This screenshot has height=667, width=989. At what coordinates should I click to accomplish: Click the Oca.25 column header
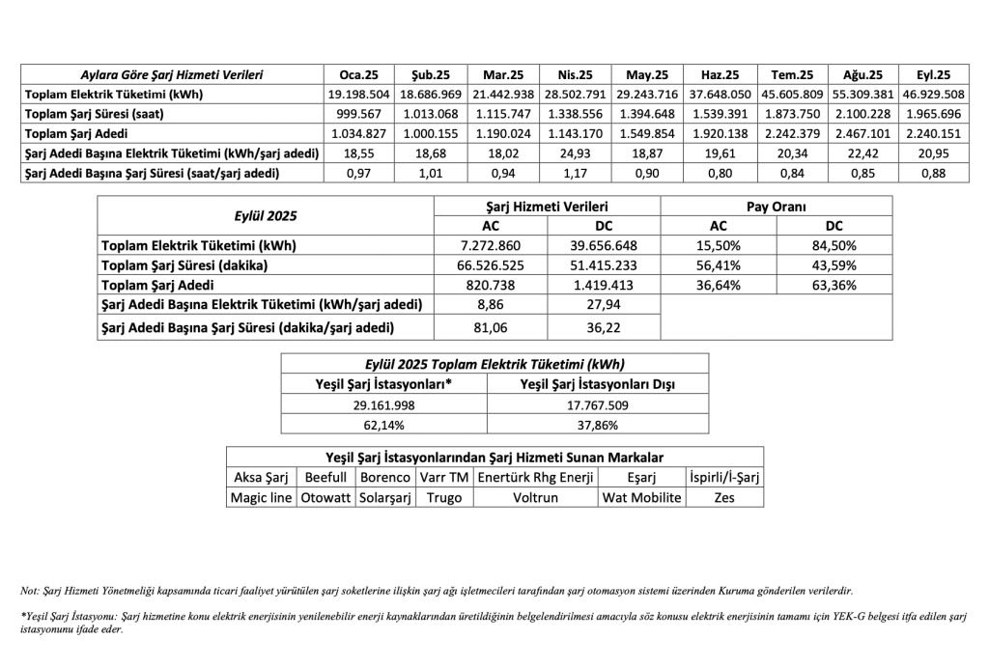(358, 74)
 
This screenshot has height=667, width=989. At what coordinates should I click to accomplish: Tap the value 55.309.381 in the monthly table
(862, 95)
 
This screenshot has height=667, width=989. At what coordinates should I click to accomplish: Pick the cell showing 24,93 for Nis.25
(575, 153)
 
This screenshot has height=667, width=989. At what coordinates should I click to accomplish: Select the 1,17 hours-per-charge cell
(575, 174)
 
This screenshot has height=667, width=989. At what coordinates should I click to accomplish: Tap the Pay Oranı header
(777, 206)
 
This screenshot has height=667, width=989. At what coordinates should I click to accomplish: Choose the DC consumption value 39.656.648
(605, 245)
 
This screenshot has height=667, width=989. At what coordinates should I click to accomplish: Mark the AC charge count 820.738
(491, 286)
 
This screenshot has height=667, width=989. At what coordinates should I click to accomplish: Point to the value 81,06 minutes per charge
(491, 328)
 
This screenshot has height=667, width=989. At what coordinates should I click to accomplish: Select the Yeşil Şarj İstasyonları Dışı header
(598, 384)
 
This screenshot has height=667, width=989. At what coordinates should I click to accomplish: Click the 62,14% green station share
(384, 424)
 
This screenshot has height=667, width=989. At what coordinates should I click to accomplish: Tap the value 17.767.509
(598, 404)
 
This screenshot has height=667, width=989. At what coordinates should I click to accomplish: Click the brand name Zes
(723, 498)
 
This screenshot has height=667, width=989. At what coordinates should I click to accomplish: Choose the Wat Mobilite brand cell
(641, 498)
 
